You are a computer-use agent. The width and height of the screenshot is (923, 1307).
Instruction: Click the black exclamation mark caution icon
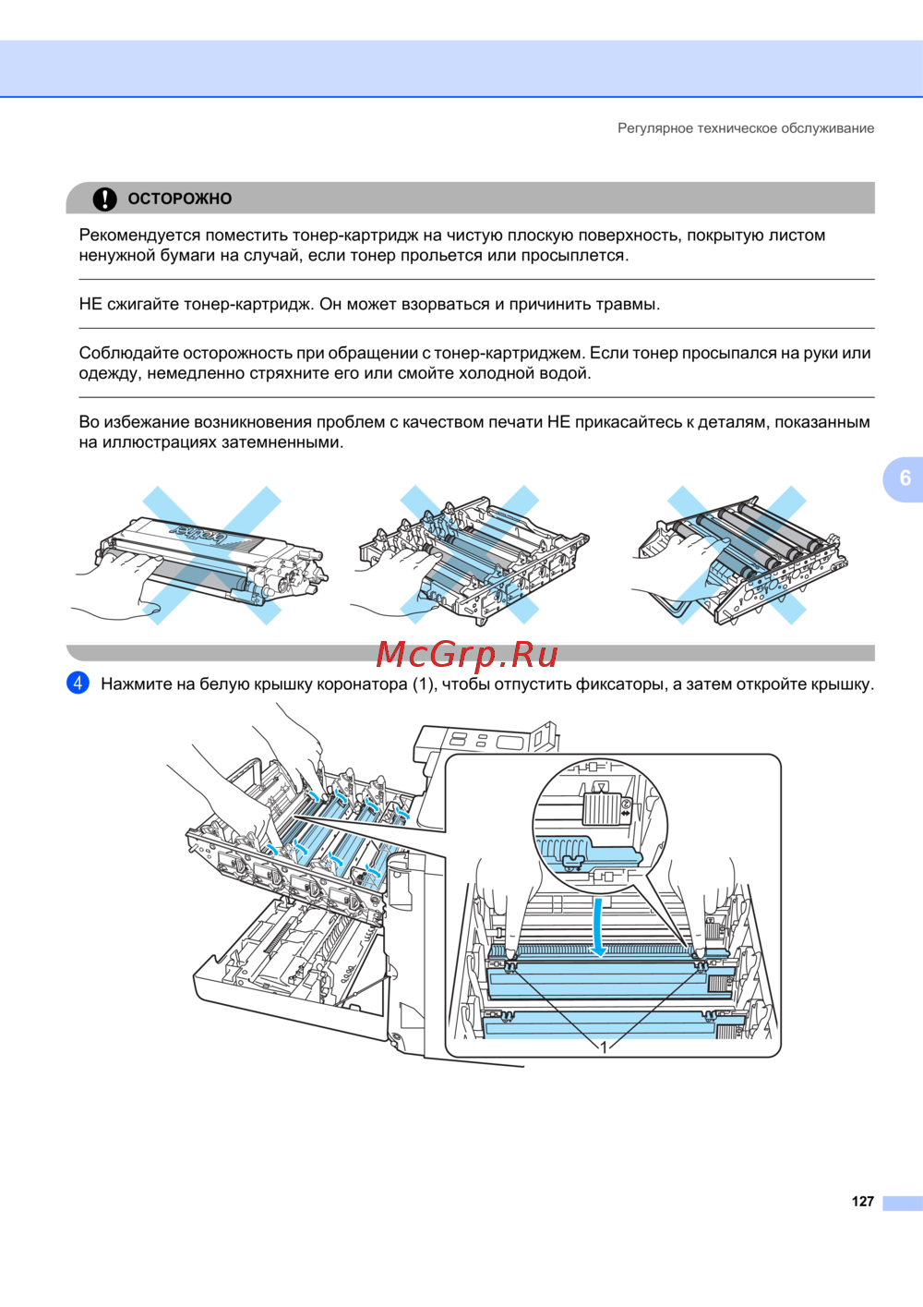[x=105, y=199]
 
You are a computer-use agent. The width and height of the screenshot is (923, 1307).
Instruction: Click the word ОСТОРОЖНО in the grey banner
[x=180, y=199]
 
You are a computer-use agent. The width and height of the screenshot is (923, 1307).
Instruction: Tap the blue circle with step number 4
[x=78, y=683]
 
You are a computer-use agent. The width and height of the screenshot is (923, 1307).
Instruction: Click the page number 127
[x=862, y=1201]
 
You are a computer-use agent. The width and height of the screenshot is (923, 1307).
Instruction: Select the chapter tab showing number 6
[x=904, y=478]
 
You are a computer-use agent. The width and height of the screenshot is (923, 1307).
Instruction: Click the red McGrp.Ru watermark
[x=466, y=655]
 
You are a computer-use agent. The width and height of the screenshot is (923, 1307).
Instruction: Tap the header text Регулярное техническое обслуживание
[x=746, y=128]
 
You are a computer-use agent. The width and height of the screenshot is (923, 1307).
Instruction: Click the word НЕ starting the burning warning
[x=90, y=304]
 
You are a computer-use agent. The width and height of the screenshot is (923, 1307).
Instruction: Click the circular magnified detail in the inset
[x=601, y=825]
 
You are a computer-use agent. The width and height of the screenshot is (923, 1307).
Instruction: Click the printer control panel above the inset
[x=484, y=742]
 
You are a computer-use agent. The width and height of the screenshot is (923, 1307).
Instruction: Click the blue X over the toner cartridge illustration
[x=212, y=555]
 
